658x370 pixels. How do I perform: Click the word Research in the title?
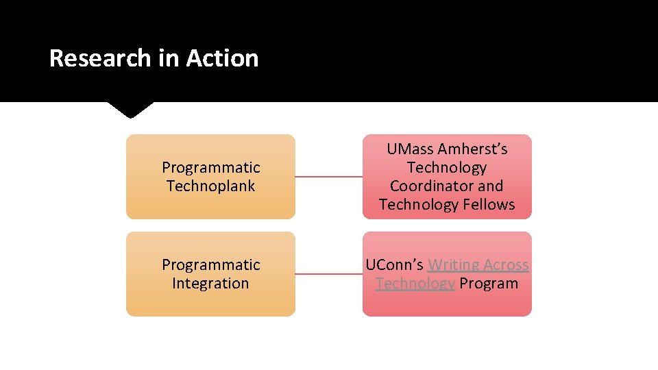point(101,58)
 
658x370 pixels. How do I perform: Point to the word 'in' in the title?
point(167,58)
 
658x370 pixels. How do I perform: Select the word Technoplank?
point(210,186)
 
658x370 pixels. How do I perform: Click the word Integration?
point(210,284)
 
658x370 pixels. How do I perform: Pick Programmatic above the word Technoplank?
point(210,168)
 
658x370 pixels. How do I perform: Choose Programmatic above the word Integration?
point(210,265)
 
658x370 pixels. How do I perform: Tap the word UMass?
point(409,149)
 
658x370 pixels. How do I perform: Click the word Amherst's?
point(472,149)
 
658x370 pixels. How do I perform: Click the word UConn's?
point(394,265)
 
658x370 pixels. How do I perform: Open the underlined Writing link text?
point(453,265)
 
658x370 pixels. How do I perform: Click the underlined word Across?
point(506,265)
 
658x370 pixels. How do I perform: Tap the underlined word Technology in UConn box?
point(415,284)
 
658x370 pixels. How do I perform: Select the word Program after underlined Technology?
point(489,284)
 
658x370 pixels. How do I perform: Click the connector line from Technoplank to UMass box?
point(328,177)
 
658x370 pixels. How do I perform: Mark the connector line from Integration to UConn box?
point(328,274)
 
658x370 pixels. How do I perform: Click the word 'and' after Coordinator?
point(491,186)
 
